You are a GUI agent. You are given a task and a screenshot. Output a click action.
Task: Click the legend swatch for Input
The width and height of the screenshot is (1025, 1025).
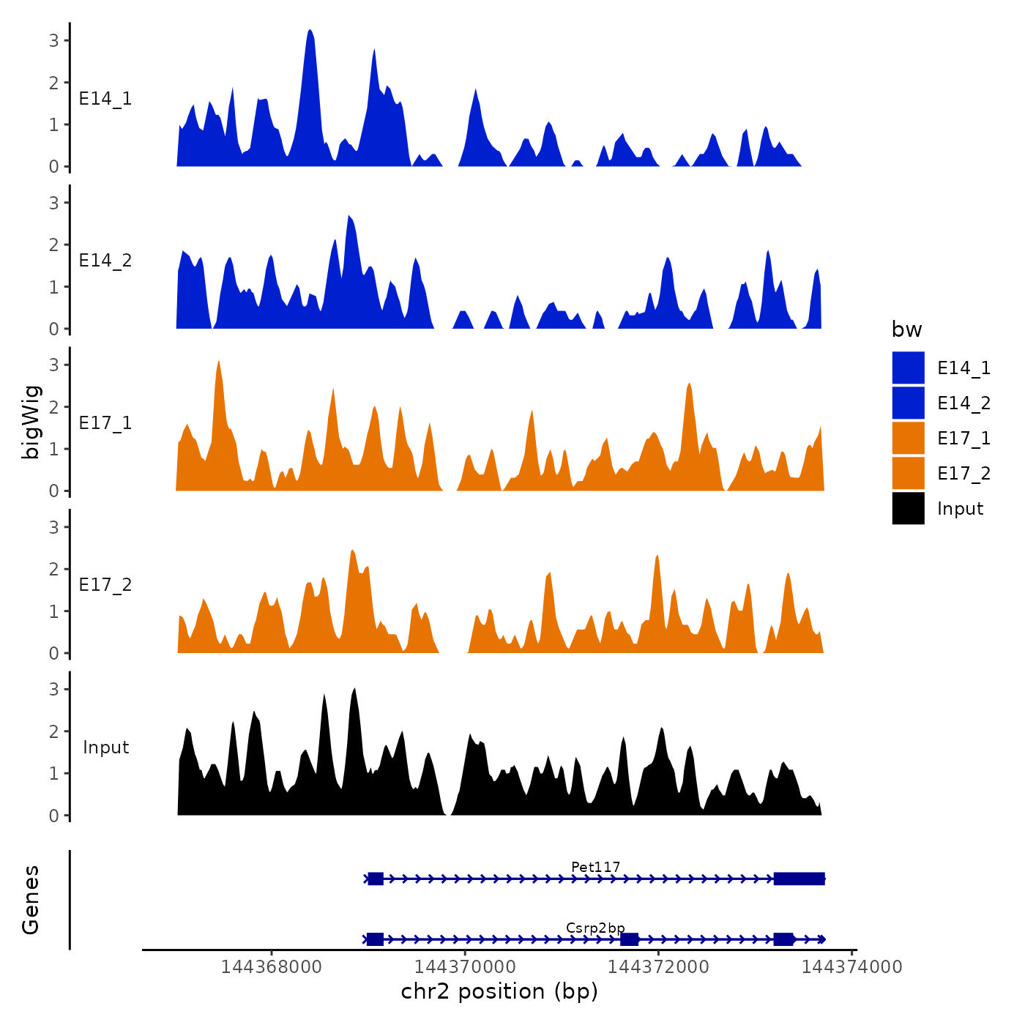point(908,509)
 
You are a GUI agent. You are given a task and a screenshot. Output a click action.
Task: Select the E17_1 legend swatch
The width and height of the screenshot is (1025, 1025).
point(908,439)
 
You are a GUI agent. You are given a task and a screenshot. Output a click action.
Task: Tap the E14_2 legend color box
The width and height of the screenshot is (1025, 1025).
point(908,403)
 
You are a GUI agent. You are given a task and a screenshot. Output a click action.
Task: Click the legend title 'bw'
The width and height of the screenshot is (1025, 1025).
point(906,329)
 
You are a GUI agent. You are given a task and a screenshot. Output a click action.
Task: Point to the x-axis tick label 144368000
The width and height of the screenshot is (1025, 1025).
point(271,967)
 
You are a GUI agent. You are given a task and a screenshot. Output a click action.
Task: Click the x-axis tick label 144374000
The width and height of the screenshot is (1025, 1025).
point(851,967)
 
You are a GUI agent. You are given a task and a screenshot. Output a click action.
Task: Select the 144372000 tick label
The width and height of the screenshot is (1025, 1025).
point(658,967)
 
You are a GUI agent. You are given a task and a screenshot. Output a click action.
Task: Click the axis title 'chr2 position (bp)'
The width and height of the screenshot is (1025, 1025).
point(499,991)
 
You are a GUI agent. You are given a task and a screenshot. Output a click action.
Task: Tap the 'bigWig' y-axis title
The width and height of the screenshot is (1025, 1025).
point(31,422)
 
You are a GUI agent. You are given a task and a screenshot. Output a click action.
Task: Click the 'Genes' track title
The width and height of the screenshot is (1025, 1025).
point(31,900)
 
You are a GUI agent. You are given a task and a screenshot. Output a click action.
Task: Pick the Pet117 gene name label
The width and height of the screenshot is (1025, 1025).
point(595,867)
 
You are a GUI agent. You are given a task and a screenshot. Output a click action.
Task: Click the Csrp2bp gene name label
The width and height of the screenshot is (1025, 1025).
point(595,928)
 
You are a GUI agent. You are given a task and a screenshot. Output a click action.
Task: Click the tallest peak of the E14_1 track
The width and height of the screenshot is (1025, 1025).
point(310,32)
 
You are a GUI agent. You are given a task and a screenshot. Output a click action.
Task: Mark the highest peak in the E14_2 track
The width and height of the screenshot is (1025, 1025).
point(349,217)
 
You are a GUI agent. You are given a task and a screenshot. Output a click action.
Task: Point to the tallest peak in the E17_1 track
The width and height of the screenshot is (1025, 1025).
point(218,363)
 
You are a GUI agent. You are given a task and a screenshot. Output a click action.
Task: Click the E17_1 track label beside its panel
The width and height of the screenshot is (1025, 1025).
point(105,423)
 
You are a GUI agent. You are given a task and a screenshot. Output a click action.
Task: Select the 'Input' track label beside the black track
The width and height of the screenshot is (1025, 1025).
point(105,748)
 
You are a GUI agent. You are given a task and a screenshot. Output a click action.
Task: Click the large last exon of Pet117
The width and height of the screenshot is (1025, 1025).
point(799,879)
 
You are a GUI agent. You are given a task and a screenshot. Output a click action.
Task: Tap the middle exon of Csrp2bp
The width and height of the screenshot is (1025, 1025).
point(629,939)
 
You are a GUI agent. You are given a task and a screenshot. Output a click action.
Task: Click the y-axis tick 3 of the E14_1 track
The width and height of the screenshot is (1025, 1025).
point(54,41)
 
